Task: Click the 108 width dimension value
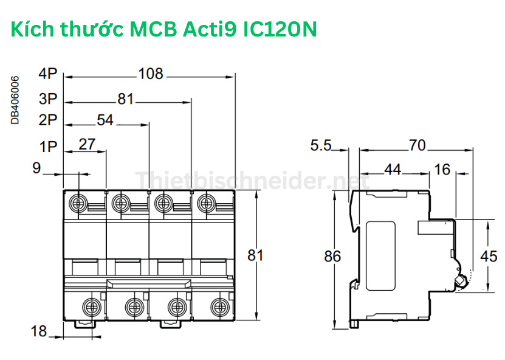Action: (151, 74)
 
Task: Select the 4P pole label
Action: (47, 74)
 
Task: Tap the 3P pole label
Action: (47, 98)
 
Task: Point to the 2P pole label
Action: (47, 120)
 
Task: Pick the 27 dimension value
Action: (88, 144)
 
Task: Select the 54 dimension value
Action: (105, 120)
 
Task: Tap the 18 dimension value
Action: (38, 331)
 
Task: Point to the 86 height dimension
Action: (332, 256)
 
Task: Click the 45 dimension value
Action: (489, 256)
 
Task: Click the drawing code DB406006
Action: (15, 100)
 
